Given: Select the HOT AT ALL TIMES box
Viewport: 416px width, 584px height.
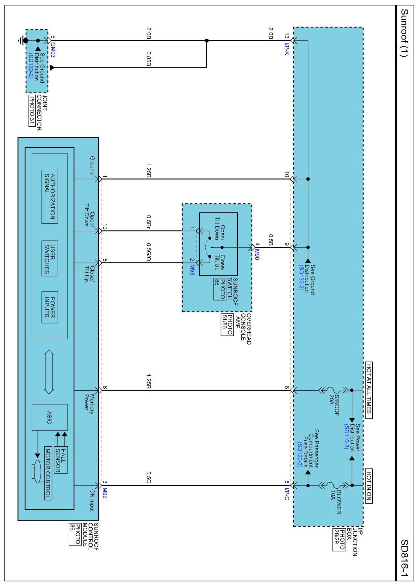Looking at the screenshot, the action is (x=369, y=390).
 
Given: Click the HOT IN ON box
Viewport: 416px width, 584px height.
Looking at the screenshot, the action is (x=369, y=486).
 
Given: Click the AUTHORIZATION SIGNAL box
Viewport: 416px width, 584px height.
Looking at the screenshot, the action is (x=50, y=197).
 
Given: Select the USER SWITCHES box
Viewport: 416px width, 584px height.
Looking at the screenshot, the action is (x=50, y=258).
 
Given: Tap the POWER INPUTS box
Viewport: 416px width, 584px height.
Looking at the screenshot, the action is (x=50, y=307).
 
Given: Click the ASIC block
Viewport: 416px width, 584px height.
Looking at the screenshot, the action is (x=50, y=417).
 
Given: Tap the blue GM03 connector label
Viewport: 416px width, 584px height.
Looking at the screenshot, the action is (x=53, y=50).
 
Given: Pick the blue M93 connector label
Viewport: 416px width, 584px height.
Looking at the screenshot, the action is (x=192, y=269).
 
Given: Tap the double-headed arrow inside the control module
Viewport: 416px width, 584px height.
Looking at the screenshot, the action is (x=49, y=372).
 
